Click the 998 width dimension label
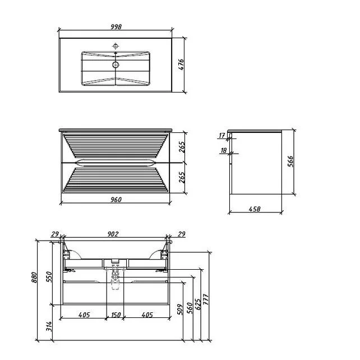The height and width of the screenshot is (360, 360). click(x=116, y=26)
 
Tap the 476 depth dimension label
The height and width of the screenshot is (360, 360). click(x=181, y=64)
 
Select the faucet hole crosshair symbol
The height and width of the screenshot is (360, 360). click(x=116, y=46)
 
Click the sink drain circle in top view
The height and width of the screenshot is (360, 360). click(x=116, y=64)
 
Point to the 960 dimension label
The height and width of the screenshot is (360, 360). click(x=116, y=200)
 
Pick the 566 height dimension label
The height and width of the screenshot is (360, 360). click(x=290, y=161)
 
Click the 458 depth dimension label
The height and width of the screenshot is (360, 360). click(x=255, y=209)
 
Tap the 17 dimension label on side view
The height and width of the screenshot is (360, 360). click(x=222, y=136)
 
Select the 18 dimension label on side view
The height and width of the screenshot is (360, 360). click(x=223, y=150)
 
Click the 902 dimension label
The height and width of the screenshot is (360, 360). click(x=113, y=234)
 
